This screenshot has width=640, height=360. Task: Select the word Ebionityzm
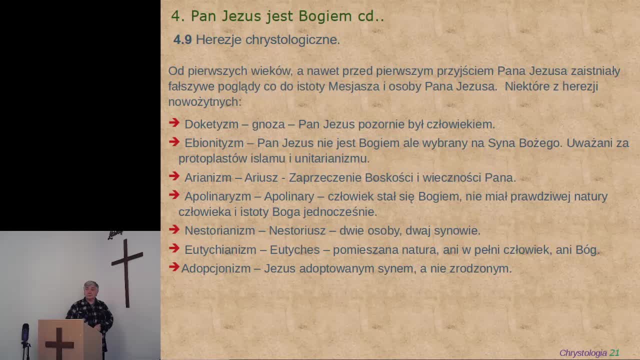tap(214, 143)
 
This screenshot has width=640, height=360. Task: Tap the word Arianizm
tap(208, 177)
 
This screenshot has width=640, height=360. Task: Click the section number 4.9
tap(182, 40)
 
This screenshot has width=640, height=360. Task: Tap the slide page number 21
tap(614, 353)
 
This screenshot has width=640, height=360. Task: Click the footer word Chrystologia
tap(582, 353)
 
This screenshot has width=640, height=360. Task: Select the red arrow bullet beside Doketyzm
tap(174, 123)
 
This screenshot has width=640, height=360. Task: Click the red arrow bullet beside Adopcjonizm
tap(174, 267)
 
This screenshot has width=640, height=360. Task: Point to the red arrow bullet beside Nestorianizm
tap(174, 229)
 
